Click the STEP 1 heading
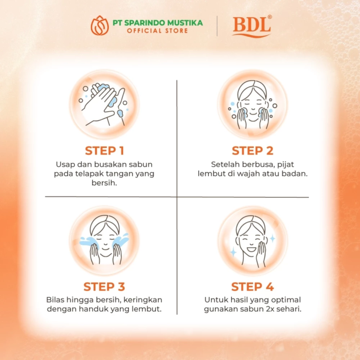pos(104,151)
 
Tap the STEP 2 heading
pos(252,151)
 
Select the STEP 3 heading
pos(104,287)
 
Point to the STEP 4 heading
pos(252,287)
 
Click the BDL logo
pos(251,26)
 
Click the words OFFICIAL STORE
pos(157,31)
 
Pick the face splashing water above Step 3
pos(104,240)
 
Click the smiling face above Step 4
pos(252,240)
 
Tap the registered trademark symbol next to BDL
pos(270,17)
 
